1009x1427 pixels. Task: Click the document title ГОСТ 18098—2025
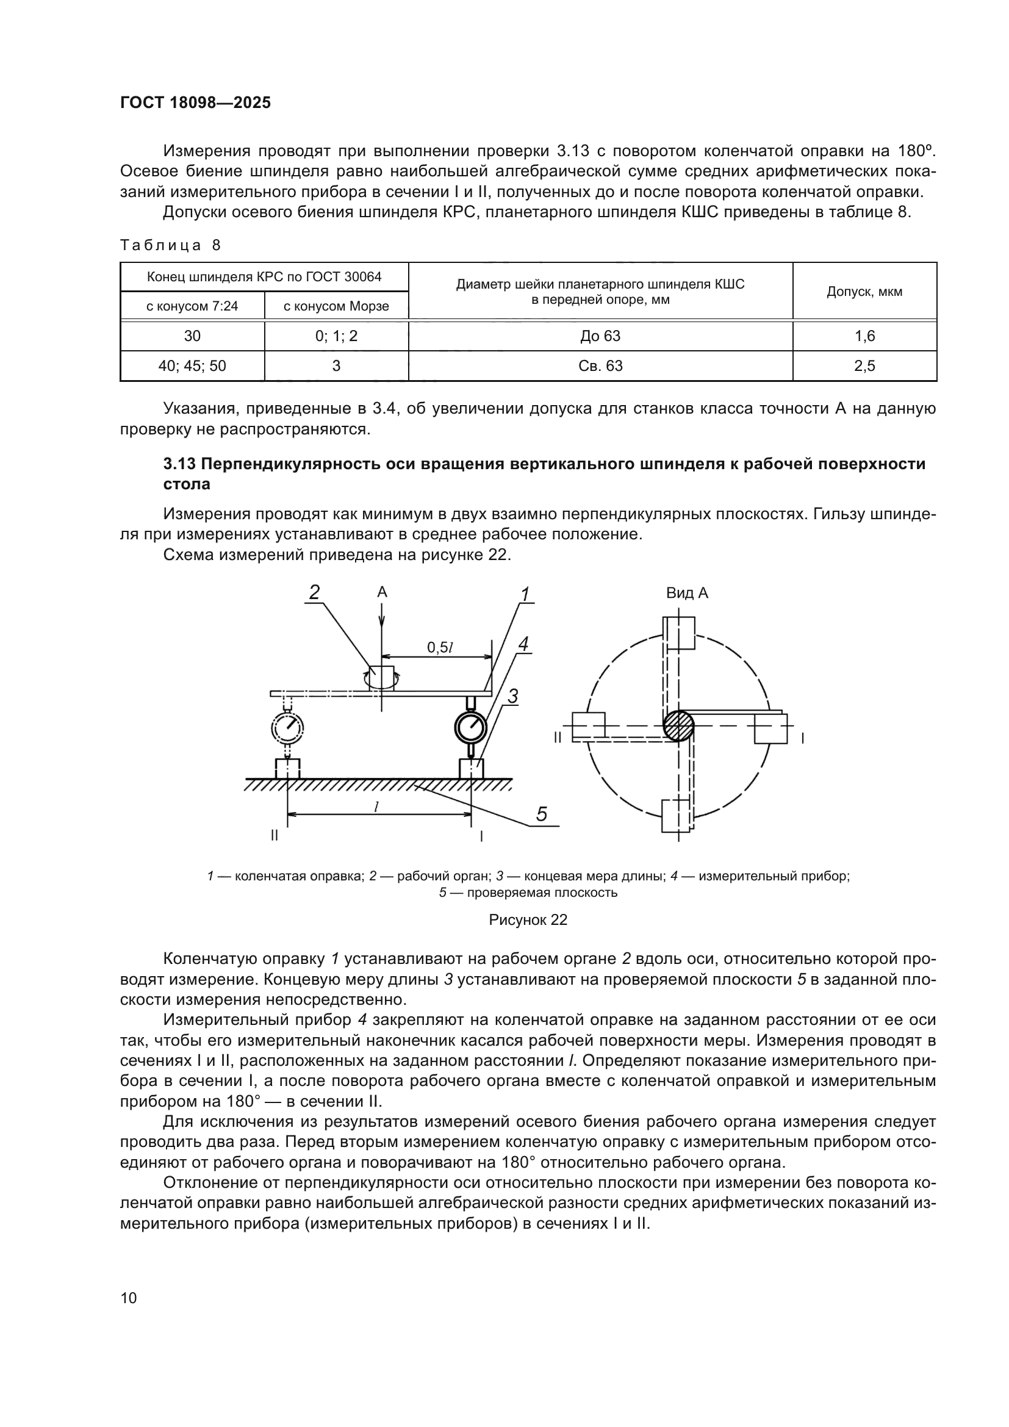tap(195, 103)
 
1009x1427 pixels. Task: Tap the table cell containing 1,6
tap(864, 336)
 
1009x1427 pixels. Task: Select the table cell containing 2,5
tap(864, 366)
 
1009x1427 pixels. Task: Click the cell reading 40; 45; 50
tap(192, 366)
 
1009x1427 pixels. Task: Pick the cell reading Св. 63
tap(600, 366)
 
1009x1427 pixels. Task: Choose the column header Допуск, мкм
tap(864, 292)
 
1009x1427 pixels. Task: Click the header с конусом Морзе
tap(336, 306)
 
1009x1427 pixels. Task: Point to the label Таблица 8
tap(170, 245)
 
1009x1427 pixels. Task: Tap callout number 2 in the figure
tap(314, 592)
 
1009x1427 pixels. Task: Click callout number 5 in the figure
tap(541, 814)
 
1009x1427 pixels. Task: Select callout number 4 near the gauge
tap(523, 644)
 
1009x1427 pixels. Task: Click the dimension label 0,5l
tap(440, 648)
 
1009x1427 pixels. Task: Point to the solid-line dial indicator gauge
tap(471, 726)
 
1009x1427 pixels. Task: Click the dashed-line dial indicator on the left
tap(287, 726)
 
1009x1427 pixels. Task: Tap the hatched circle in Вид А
tap(678, 725)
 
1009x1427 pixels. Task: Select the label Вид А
tap(687, 593)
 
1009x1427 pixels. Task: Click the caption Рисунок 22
tap(528, 920)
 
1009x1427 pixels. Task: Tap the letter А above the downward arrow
tap(382, 592)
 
